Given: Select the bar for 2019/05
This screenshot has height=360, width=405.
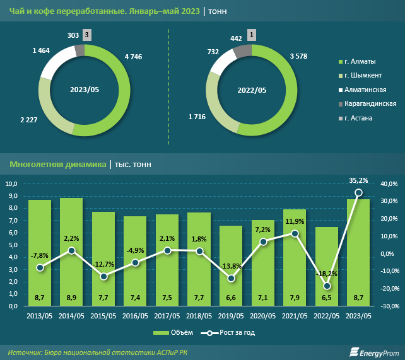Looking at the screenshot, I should click(231, 265).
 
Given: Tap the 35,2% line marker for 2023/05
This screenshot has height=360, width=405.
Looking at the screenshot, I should click(358, 192).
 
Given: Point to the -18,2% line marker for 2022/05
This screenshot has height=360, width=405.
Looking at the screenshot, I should click(327, 286).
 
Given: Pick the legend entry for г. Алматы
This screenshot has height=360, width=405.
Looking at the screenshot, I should click(359, 61).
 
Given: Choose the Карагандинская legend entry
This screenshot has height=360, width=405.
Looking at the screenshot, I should click(369, 103).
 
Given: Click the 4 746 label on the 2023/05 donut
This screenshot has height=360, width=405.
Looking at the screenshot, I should click(134, 57).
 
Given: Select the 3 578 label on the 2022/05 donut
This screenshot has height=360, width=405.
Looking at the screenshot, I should click(300, 57).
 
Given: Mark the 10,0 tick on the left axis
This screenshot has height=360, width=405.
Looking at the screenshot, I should click(13, 183).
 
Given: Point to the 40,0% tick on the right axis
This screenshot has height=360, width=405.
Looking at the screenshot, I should click(389, 183).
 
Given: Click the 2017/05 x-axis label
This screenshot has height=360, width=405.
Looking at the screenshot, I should click(167, 315).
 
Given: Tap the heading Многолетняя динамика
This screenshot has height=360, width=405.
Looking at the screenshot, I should click(58, 165).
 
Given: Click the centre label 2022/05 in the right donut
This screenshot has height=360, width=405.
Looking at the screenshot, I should click(252, 90).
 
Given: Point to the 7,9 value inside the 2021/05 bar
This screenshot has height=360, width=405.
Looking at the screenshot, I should click(295, 296).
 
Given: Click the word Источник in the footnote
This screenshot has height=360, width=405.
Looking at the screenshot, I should click(29, 351).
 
